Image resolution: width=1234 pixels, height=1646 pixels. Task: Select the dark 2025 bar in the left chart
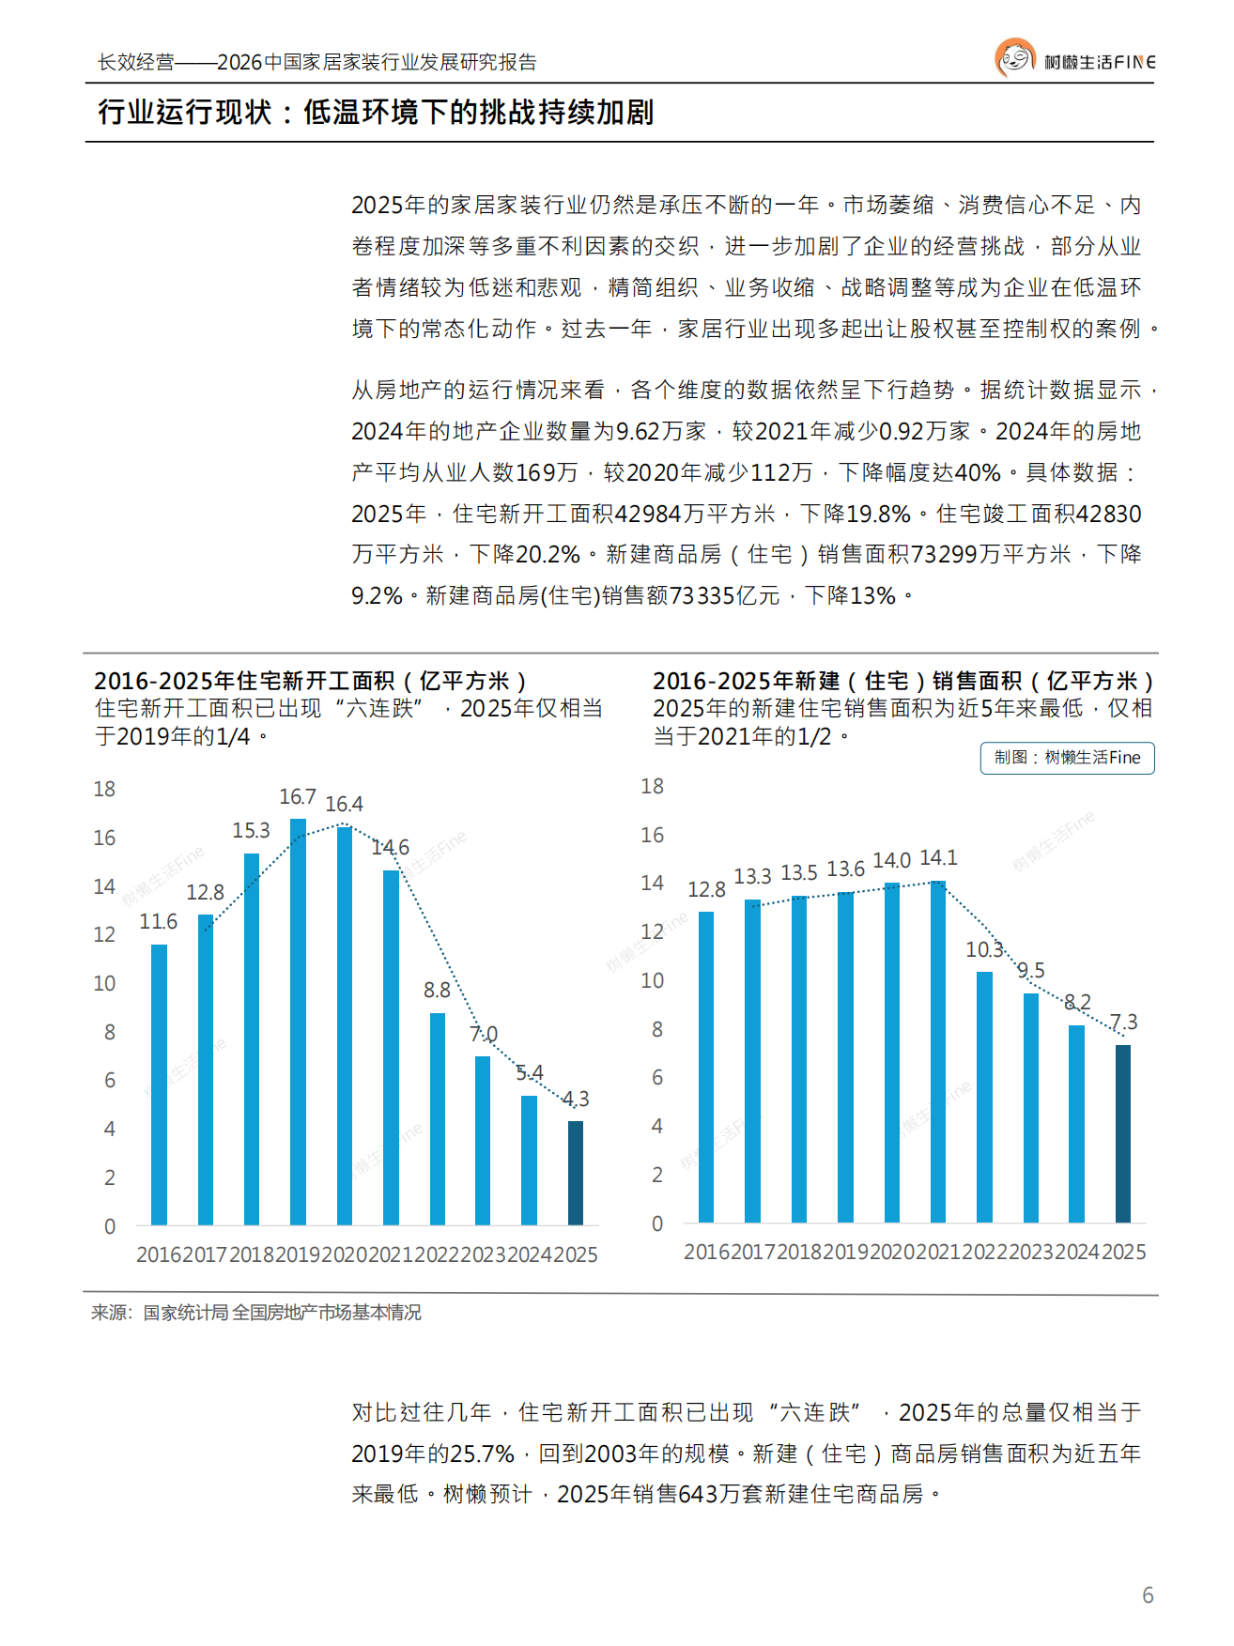point(576,1173)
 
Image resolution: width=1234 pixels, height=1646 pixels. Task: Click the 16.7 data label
point(297,796)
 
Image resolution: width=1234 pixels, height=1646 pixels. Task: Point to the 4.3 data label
point(576,1099)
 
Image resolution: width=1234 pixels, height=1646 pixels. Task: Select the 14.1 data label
point(938,857)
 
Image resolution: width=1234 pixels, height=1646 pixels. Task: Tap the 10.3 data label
point(984,949)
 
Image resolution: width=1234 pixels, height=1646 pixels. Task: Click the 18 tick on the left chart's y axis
point(104,789)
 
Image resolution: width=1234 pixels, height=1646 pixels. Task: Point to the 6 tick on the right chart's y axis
point(657,1077)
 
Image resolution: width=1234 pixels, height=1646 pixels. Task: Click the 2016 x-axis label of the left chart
point(159,1254)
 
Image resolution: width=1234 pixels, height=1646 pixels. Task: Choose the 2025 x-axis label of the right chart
point(1123,1252)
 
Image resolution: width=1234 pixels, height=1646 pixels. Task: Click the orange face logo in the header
point(1014,58)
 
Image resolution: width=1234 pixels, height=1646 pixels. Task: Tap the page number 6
point(1148,1594)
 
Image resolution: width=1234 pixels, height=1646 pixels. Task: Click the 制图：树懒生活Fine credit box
point(1067,758)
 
